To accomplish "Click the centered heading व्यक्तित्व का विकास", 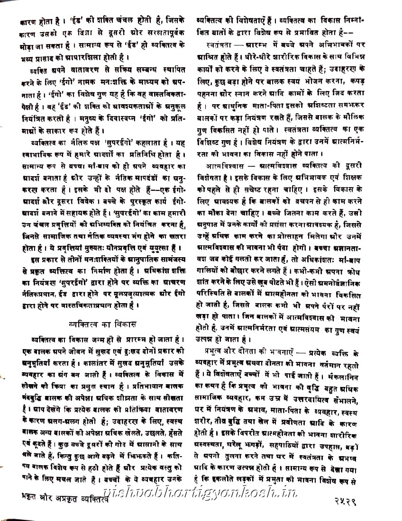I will pos(102,324).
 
